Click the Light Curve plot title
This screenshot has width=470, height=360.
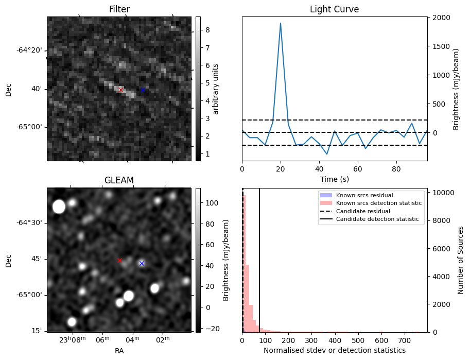pos(334,9)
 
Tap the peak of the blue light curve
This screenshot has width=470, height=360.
pos(281,23)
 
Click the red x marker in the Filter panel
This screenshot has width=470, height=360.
pos(121,90)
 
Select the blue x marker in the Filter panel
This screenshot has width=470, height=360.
pos(143,90)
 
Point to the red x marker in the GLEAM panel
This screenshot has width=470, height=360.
pos(120,261)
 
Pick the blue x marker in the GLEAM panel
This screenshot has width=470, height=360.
pos(142,263)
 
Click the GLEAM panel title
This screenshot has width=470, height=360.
pos(119,180)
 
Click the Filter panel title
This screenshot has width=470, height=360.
pos(119,9)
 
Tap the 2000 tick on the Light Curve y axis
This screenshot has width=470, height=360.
pos(441,18)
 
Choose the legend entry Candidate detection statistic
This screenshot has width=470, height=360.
pos(378,219)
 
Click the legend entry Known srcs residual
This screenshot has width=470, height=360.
pos(364,196)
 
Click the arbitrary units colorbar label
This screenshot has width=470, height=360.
pos(216,89)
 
